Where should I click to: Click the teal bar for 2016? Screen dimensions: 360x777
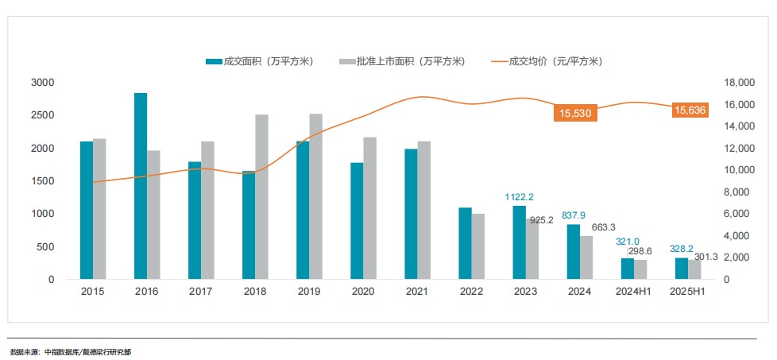coord(141,186)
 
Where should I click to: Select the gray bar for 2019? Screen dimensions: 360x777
coord(315,196)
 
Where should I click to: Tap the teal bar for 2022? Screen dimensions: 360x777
coord(465,243)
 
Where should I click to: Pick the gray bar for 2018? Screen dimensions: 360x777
coord(261,196)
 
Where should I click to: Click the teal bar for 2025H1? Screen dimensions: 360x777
coord(682,269)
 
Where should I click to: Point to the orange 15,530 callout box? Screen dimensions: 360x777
coord(575,114)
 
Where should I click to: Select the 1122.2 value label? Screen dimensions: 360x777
coord(520,197)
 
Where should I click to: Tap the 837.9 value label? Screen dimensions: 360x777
coord(574,215)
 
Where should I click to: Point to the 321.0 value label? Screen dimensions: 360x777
coord(628,242)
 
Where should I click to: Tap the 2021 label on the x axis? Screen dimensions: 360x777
coord(416,292)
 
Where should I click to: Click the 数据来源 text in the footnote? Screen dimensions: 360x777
coord(24,350)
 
